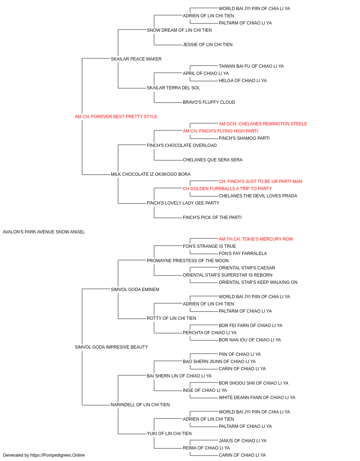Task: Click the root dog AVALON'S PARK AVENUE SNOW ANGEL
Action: click(44, 232)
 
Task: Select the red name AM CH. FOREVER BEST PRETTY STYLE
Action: click(116, 117)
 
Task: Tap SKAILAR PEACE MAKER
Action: click(136, 59)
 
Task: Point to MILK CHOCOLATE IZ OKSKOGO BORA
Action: click(150, 174)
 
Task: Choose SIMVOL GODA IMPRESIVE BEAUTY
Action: click(111, 347)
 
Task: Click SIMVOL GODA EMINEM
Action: click(135, 289)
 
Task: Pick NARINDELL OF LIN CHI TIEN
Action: click(140, 404)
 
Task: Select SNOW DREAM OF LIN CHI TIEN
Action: click(179, 30)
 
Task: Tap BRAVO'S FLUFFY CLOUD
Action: click(209, 102)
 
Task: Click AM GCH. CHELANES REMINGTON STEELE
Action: click(263, 124)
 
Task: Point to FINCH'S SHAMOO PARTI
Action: click(244, 138)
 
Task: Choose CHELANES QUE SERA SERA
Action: click(213, 160)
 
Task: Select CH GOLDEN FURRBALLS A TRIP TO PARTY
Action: click(227, 189)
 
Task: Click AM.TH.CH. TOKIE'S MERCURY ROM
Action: click(256, 239)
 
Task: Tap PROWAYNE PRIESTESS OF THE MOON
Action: click(188, 261)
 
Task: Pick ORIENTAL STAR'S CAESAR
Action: click(247, 268)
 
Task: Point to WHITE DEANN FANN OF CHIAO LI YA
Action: click(257, 398)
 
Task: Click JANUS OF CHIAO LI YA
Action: click(243, 440)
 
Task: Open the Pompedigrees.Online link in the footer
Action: click(57, 455)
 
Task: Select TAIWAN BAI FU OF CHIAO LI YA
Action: click(251, 66)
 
